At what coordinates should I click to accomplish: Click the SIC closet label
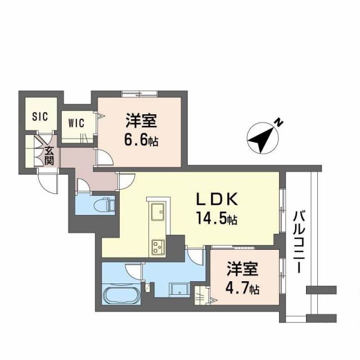[x=40, y=116]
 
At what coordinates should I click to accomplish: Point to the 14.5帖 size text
[x=217, y=218]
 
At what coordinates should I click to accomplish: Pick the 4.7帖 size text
[x=243, y=289]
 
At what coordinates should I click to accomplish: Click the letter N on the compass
[x=278, y=121]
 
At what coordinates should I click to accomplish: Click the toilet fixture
[x=103, y=205]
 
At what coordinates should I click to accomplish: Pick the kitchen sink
[x=156, y=213]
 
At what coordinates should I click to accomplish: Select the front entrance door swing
[x=47, y=181]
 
